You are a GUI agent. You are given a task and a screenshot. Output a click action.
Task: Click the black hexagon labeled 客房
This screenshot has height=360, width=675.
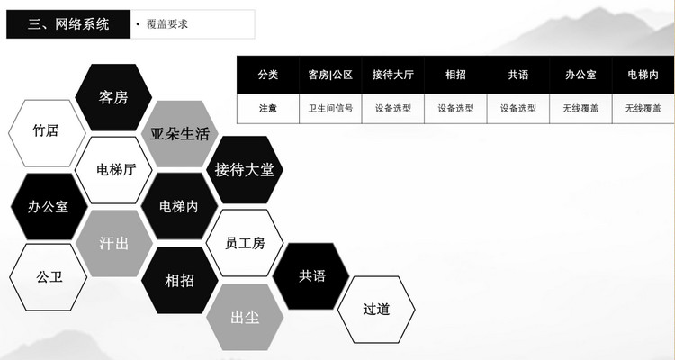click(113, 97)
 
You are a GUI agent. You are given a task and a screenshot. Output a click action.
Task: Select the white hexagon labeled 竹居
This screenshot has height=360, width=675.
click(46, 131)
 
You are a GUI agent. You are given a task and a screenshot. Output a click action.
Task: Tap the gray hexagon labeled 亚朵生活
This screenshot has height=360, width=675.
click(180, 134)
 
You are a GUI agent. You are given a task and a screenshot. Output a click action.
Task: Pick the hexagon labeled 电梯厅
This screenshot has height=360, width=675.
click(113, 170)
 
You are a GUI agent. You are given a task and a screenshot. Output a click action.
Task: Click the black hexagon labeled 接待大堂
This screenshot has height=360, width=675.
click(245, 169)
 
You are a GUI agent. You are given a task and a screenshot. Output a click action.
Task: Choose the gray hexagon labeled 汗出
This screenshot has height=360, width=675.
click(113, 243)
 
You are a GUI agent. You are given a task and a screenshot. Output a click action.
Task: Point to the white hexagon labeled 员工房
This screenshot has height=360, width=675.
click(245, 243)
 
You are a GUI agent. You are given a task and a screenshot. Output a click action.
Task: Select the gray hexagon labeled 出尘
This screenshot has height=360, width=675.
click(245, 317)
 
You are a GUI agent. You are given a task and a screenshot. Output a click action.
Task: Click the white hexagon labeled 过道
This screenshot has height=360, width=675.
click(376, 310)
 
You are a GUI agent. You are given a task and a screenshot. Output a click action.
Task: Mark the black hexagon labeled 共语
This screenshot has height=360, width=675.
click(311, 275)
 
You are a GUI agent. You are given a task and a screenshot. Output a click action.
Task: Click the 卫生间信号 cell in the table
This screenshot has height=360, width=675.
click(330, 108)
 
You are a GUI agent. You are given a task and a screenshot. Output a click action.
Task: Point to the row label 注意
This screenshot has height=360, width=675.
click(267, 108)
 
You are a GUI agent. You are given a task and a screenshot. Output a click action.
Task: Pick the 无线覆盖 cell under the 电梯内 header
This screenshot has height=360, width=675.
click(643, 108)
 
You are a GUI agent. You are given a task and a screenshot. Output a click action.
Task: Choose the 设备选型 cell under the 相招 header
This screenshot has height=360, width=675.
click(455, 108)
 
